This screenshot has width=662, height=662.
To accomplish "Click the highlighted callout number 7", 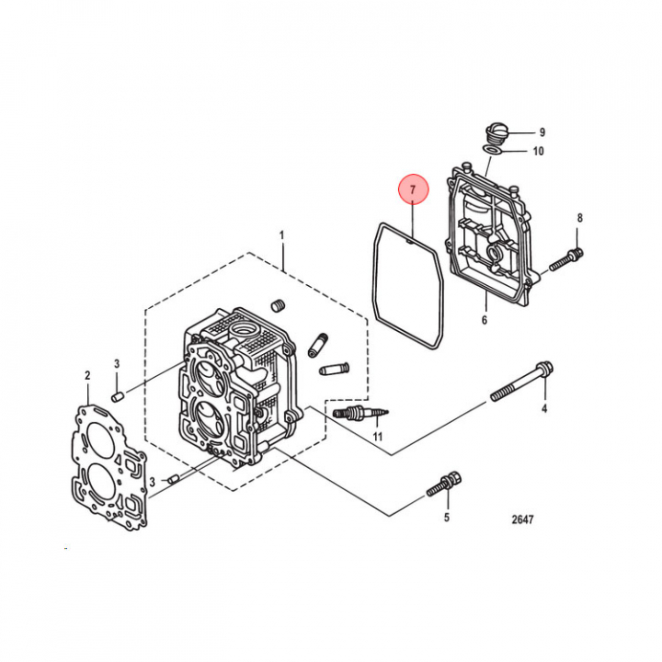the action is (x=414, y=189).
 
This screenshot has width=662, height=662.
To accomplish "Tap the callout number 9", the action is (x=542, y=132).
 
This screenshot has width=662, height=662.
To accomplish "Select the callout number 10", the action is (x=538, y=151).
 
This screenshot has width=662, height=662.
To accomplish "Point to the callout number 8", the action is (x=579, y=218).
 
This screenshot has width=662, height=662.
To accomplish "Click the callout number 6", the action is (x=485, y=320).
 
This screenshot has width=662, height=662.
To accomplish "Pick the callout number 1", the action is (x=282, y=235).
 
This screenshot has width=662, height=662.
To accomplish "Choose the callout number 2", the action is (x=87, y=375).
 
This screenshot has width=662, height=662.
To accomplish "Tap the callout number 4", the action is (x=544, y=408).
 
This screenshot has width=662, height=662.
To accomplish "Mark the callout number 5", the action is (x=447, y=517).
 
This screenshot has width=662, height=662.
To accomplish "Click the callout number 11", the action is (x=378, y=437).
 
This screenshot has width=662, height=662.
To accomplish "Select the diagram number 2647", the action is (x=522, y=519).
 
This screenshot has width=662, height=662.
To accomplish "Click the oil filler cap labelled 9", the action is (x=496, y=134).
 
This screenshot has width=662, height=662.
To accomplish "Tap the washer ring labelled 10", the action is (x=492, y=150).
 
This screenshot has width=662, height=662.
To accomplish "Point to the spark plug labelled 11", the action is (x=360, y=414).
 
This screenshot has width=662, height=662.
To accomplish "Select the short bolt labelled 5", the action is (x=444, y=485).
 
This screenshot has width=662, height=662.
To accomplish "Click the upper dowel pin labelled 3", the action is (x=117, y=396).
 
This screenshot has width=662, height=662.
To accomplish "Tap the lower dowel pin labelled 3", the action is (x=174, y=479).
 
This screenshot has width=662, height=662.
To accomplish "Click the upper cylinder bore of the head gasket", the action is (x=99, y=442).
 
